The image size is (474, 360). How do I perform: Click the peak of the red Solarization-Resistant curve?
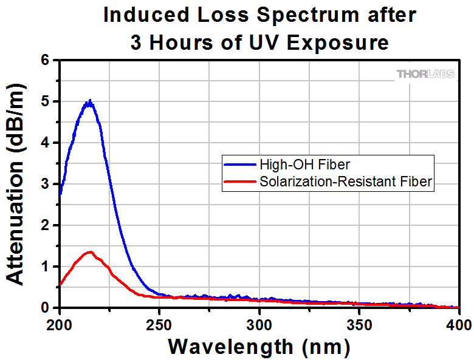(90, 252)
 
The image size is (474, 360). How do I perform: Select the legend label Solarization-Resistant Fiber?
(345, 181)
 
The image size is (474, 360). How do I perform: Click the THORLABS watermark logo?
(425, 74)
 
